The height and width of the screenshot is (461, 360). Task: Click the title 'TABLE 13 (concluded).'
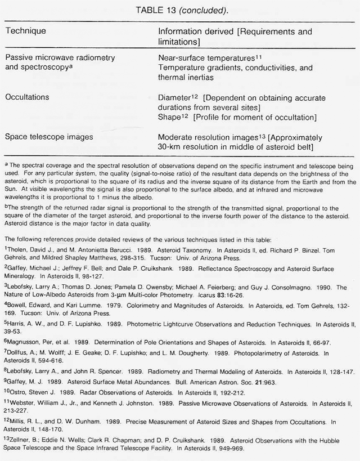point(179,8)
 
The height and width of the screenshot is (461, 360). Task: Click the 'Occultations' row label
point(27,97)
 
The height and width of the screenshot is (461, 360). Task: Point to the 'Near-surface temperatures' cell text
point(206,58)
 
